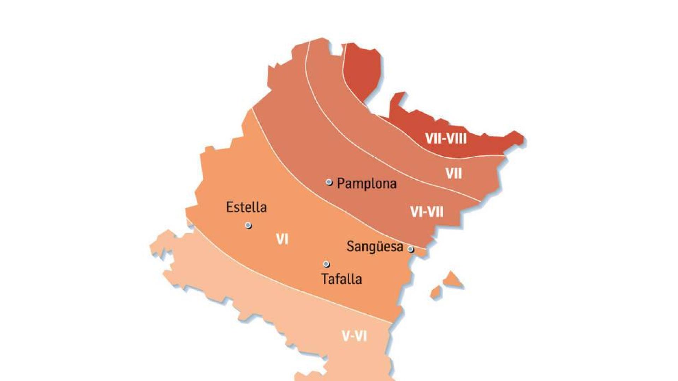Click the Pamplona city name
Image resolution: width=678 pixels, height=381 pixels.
(367, 183)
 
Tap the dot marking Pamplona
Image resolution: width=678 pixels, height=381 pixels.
(329, 182)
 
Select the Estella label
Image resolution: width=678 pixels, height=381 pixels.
(246, 207)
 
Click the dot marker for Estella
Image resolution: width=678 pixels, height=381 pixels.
(249, 225)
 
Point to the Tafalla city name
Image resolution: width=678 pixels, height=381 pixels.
(341, 279)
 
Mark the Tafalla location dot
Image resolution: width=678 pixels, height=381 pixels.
(326, 264)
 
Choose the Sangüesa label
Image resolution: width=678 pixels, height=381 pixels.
(375, 246)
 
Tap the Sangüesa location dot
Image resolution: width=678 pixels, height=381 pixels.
(411, 249)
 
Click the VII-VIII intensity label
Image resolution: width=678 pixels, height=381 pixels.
(446, 139)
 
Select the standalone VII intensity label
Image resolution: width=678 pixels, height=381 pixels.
(453, 174)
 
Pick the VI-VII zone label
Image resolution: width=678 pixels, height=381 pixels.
(427, 212)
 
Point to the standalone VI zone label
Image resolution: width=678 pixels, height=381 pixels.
(282, 240)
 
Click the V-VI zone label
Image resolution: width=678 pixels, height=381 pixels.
(355, 336)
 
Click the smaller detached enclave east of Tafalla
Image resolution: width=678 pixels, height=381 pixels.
(436, 292)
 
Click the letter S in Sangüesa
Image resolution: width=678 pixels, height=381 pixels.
(350, 246)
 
